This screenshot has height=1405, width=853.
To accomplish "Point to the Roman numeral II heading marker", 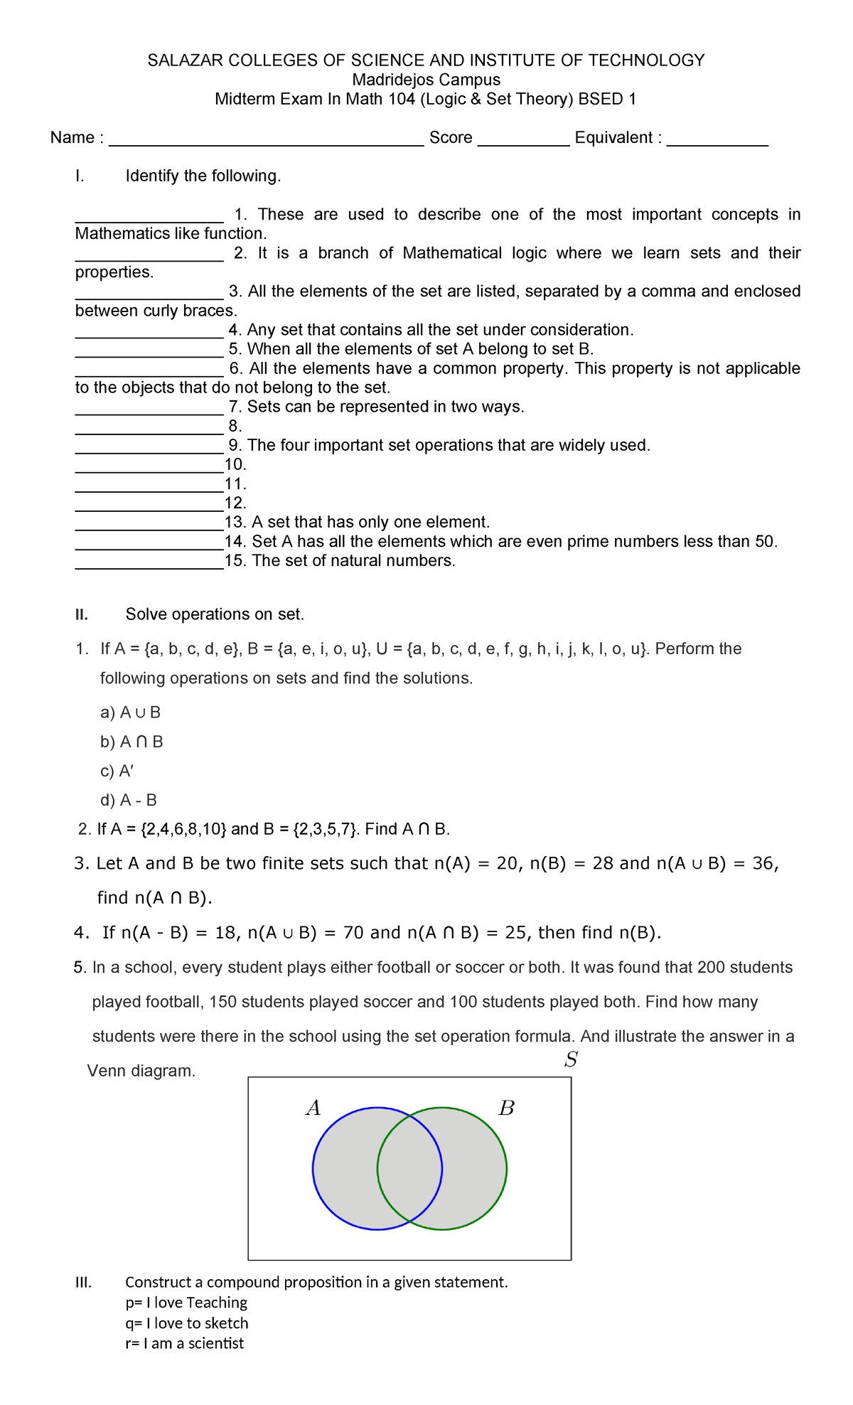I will click(x=82, y=614).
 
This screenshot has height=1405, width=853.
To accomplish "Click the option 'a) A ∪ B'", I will click(x=130, y=712).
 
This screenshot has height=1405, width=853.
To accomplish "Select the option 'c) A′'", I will click(x=117, y=771).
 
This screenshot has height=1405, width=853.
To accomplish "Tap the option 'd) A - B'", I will click(x=129, y=800).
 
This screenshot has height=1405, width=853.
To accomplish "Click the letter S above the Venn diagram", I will click(x=570, y=1060).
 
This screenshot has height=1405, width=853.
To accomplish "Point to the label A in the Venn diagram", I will click(x=313, y=1108).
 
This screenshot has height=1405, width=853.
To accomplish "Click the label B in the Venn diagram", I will click(x=506, y=1108).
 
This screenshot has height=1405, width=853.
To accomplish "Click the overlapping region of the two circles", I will click(x=409, y=1168).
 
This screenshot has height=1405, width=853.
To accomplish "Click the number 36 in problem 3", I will click(x=762, y=863).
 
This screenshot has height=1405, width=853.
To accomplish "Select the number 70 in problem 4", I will click(x=354, y=932).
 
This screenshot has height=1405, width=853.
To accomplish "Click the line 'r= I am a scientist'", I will click(x=184, y=1343).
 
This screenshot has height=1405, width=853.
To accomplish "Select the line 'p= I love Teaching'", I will click(x=186, y=1303).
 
